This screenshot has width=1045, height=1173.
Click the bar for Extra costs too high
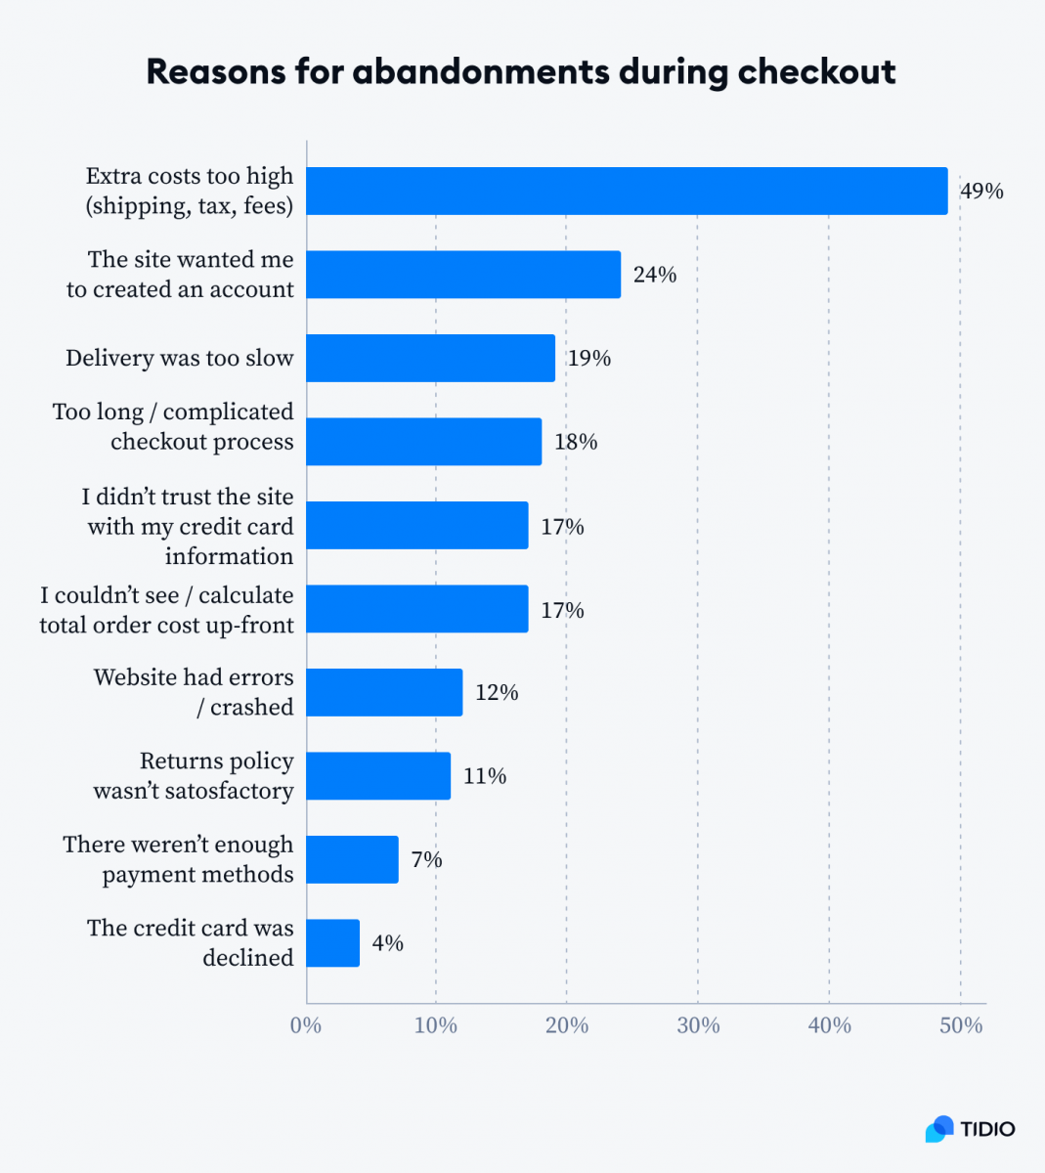pyautogui.click(x=627, y=191)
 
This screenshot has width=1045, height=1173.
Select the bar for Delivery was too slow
pyautogui.click(x=431, y=358)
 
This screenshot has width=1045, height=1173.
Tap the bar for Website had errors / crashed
pyautogui.click(x=384, y=692)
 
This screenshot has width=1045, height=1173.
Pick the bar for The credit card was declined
pyautogui.click(x=333, y=943)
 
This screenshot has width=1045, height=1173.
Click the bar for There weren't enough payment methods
pyautogui.click(x=353, y=860)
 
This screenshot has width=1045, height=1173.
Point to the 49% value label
pyautogui.click(x=981, y=191)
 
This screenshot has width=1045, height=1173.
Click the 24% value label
pyautogui.click(x=655, y=275)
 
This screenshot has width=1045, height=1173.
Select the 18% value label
pyautogui.click(x=576, y=442)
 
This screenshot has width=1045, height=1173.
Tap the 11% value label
pyautogui.click(x=485, y=776)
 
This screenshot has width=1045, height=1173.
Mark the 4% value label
pyautogui.click(x=387, y=943)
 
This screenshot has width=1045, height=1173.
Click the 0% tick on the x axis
pyautogui.click(x=306, y=1025)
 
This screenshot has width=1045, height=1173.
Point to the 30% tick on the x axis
pyautogui.click(x=698, y=1025)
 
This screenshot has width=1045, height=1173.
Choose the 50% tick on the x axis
pyautogui.click(x=961, y=1025)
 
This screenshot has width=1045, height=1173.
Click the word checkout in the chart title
pyautogui.click(x=816, y=71)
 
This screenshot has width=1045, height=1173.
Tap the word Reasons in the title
pyautogui.click(x=216, y=71)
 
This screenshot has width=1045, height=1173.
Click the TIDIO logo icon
pyautogui.click(x=939, y=1128)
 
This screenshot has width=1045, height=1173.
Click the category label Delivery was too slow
pyautogui.click(x=180, y=358)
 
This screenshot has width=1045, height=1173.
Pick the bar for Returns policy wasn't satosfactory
pyautogui.click(x=378, y=776)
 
